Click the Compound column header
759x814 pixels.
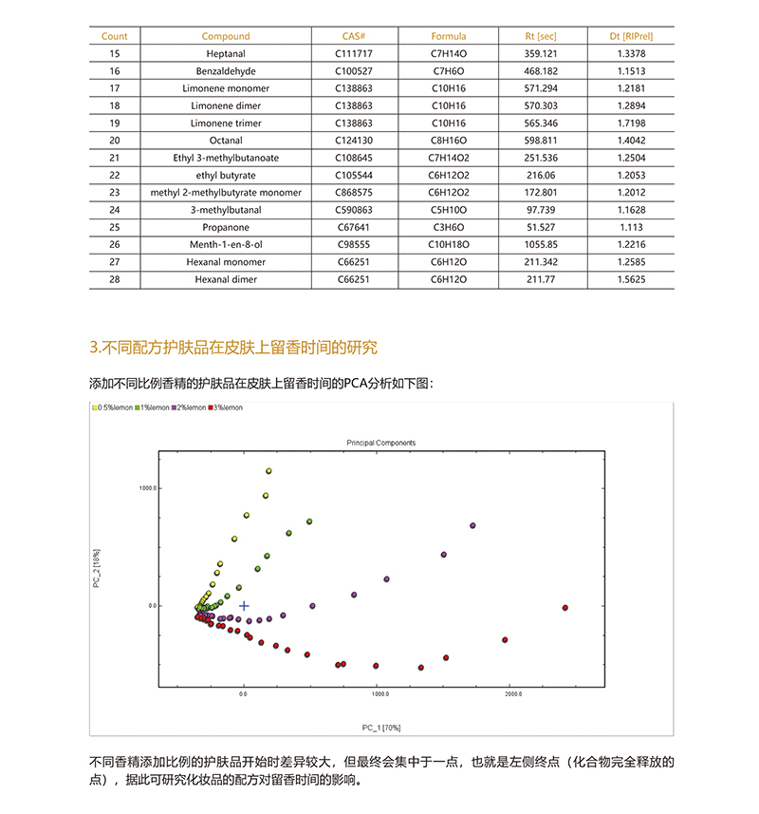coord(225,36)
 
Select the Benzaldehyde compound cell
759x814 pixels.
coord(225,71)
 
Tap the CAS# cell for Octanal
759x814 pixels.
coord(354,141)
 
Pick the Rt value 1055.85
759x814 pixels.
coord(538,245)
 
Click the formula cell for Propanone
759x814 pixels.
coord(449,228)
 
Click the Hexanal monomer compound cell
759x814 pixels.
coord(225,262)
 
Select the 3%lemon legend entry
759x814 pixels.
coord(228,407)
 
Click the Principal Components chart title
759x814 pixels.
coord(380,443)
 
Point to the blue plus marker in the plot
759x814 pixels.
coord(244,606)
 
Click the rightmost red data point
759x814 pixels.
coord(565,608)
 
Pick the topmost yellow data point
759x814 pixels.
coord(268,471)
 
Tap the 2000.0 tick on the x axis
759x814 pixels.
coord(512,694)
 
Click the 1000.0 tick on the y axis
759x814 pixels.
coord(146,488)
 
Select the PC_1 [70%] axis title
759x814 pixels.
coord(380,728)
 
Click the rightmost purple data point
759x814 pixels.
coord(472,525)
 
